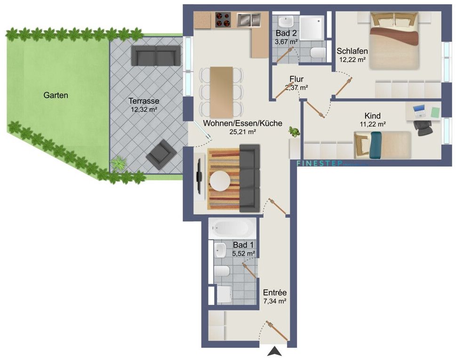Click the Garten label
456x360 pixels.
pyautogui.click(x=56, y=95)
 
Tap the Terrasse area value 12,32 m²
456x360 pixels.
pyautogui.click(x=144, y=109)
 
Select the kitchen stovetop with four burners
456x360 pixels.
pyautogui.click(x=223, y=20)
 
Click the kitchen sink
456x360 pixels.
pyautogui.click(x=248, y=20)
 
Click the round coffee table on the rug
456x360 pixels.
pyautogui.click(x=219, y=179)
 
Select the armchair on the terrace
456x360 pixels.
pyautogui.click(x=159, y=154)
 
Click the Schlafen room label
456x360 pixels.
pyautogui.click(x=352, y=51)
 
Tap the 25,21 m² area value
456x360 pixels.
pyautogui.click(x=242, y=132)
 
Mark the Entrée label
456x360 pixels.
pyautogui.click(x=275, y=292)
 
